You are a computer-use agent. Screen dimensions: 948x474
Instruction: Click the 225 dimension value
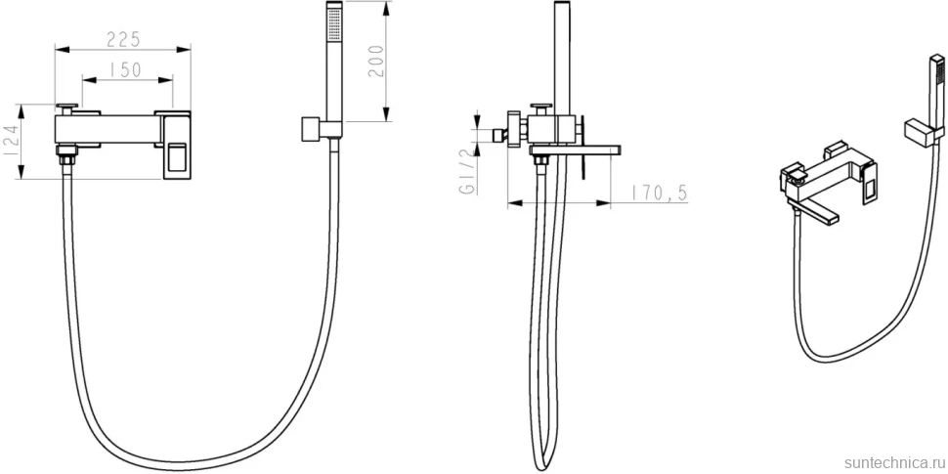[123, 39]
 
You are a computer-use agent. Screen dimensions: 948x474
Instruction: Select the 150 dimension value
[126, 70]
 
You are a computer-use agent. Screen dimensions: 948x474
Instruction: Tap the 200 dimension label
[376, 61]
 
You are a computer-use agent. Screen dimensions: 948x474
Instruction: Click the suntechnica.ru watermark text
[895, 463]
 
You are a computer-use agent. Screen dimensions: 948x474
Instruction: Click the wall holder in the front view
[312, 129]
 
